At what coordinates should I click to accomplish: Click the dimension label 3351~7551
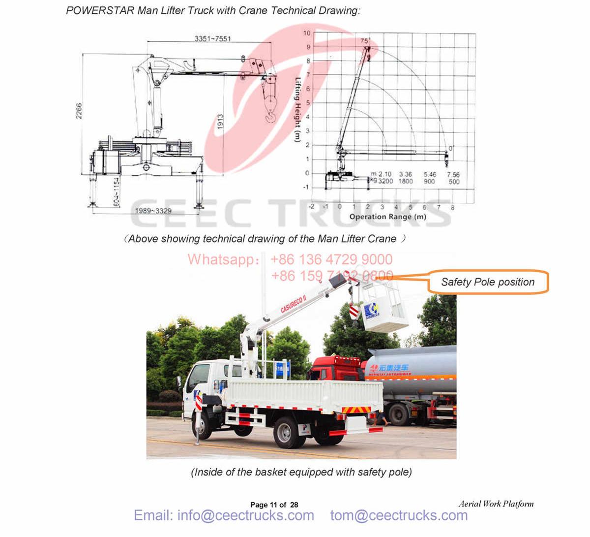pos(212,38)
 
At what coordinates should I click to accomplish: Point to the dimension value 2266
pos(79,111)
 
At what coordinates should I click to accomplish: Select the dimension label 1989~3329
pos(154,211)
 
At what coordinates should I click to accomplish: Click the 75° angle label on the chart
pos(364,41)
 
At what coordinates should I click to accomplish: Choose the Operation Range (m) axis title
pos(387,217)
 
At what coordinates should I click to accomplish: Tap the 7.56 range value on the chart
pos(453,174)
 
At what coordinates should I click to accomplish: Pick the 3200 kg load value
pos(385,181)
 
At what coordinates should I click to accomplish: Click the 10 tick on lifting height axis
pos(307,33)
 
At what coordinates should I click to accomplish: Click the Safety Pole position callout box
pos(487,282)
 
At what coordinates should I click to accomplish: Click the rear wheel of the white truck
pos(286,432)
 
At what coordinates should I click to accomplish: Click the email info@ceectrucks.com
pos(224,515)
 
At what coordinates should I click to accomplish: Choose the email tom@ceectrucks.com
pos(399,515)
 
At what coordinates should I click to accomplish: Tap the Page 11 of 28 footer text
pos(274,505)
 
